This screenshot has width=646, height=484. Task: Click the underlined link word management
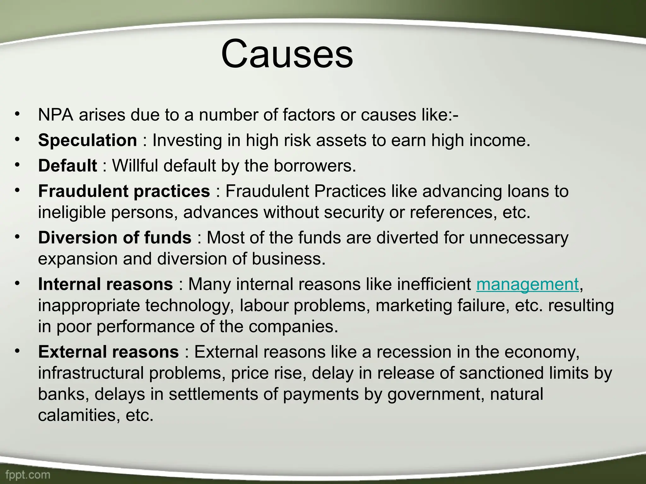pos(527,285)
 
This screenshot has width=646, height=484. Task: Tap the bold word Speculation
pos(87,140)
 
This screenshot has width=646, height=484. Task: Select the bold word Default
pos(68,166)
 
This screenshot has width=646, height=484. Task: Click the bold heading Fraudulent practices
pos(124,191)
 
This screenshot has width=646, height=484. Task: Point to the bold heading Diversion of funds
pos(115,238)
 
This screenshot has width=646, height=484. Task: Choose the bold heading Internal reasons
pos(105,284)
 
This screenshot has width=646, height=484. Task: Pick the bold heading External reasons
pos(108,352)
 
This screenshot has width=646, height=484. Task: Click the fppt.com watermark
pos(28,475)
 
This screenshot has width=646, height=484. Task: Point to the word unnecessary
pos(519,238)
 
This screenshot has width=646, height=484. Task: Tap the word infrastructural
pos(91,373)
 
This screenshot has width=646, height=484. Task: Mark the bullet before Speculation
pos(17,139)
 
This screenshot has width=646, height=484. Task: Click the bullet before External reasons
pos(17,350)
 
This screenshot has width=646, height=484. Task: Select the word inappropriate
pos(89,306)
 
